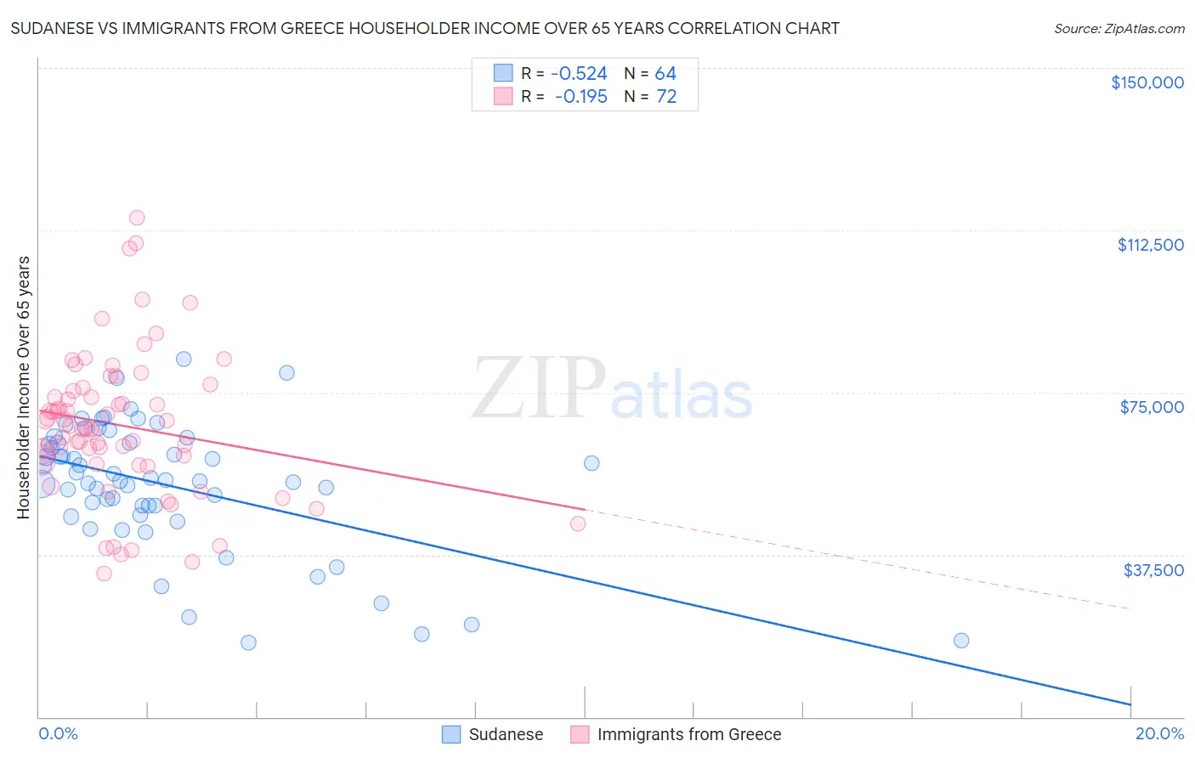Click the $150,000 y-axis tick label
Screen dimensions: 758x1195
[1147, 82]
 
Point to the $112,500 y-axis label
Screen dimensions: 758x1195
[1150, 245]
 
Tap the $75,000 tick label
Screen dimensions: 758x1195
[1152, 407]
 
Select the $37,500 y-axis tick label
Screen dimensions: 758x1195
[1153, 570]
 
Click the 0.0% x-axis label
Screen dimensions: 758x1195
[58, 733]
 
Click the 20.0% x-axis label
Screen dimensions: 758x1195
[1159, 733]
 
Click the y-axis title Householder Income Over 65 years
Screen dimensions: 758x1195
[23, 387]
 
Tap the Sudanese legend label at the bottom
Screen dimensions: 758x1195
[506, 734]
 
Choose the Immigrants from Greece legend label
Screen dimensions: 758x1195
[688, 734]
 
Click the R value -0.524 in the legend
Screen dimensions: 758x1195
[580, 74]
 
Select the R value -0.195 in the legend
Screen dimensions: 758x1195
[581, 97]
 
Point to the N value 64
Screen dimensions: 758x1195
[665, 74]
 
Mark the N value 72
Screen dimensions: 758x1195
[666, 97]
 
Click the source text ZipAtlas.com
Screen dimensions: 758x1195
[1119, 28]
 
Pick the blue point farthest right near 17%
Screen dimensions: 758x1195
[961, 641]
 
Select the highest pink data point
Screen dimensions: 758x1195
[137, 218]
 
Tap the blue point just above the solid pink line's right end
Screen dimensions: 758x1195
[592, 463]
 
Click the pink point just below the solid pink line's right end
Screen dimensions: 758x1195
[578, 523]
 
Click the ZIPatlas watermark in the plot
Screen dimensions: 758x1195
[612, 389]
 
